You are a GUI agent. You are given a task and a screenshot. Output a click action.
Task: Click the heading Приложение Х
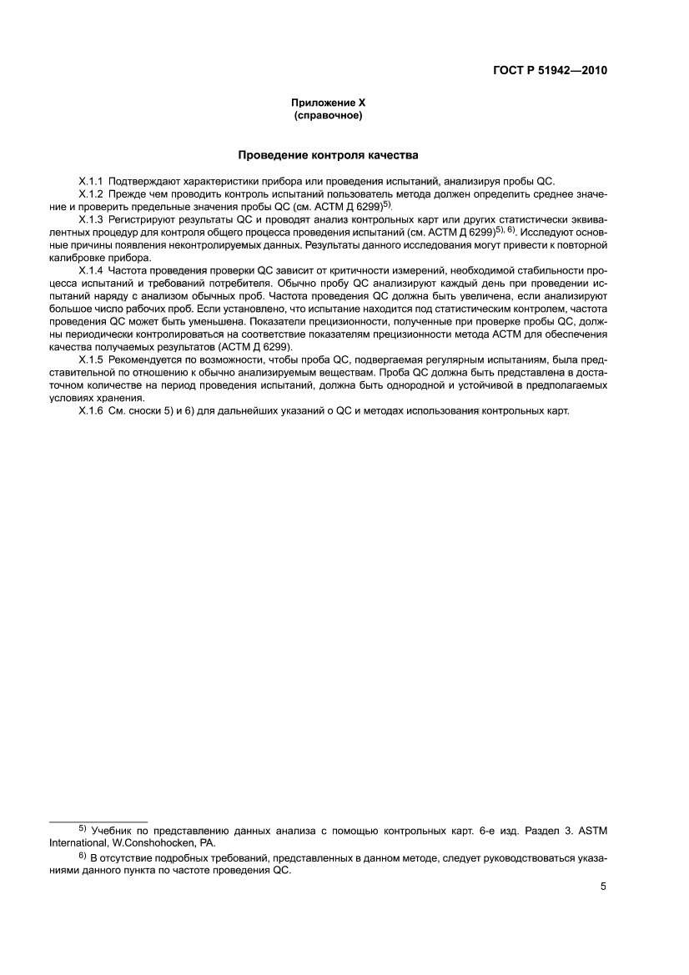coord(328,103)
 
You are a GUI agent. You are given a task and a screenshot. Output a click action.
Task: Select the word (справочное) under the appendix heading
coord(328,116)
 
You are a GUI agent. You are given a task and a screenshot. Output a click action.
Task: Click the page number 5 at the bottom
coord(602,887)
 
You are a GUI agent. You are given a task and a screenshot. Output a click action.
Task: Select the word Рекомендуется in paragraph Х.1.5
coord(145,360)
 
